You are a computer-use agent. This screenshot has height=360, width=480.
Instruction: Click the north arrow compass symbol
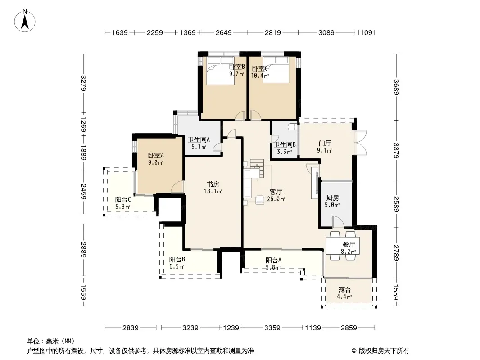pyautogui.click(x=25, y=21)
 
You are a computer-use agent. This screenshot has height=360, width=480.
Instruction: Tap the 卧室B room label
pyautogui.click(x=237, y=67)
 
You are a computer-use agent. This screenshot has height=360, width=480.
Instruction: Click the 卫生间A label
pyautogui.click(x=199, y=140)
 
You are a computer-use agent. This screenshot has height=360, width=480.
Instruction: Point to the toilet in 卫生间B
pyautogui.click(x=293, y=126)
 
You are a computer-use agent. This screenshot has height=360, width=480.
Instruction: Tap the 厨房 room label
pyautogui.click(x=332, y=198)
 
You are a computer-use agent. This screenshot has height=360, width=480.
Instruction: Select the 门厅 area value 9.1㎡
pyautogui.click(x=325, y=150)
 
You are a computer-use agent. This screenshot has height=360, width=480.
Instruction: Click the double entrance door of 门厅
pyautogui.click(x=360, y=143)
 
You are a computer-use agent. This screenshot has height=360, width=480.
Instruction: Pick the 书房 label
pyautogui.click(x=213, y=184)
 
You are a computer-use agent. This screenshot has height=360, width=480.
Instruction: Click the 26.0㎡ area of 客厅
pyautogui.click(x=276, y=199)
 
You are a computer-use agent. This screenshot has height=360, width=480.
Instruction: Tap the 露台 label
pyautogui.click(x=344, y=289)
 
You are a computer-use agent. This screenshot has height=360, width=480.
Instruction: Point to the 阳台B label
pyautogui.click(x=177, y=260)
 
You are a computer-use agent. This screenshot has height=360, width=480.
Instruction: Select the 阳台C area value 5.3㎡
pyautogui.click(x=123, y=207)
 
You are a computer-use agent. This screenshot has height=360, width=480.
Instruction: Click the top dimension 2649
pyautogui.click(x=223, y=32)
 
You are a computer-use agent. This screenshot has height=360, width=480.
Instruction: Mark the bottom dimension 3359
pyautogui.click(x=272, y=328)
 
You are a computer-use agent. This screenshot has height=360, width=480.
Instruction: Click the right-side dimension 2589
pyautogui.click(x=396, y=204)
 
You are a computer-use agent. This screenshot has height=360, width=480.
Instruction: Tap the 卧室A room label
pyautogui.click(x=156, y=155)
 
